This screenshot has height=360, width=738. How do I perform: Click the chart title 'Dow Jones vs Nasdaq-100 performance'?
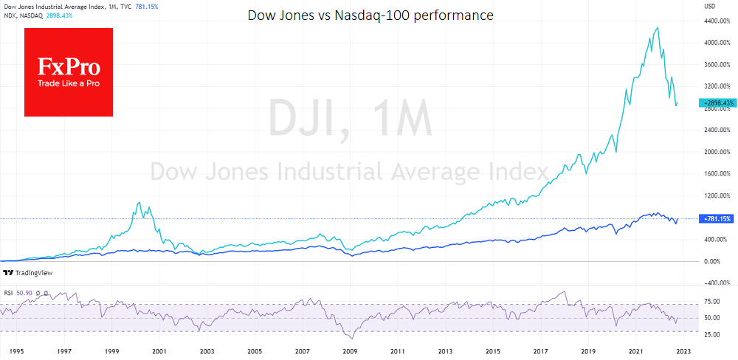tap(370, 15)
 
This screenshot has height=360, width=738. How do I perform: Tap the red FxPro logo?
tap(69, 72)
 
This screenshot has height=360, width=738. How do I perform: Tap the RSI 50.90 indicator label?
tap(20, 294)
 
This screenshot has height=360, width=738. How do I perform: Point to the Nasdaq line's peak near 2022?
tap(657, 28)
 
